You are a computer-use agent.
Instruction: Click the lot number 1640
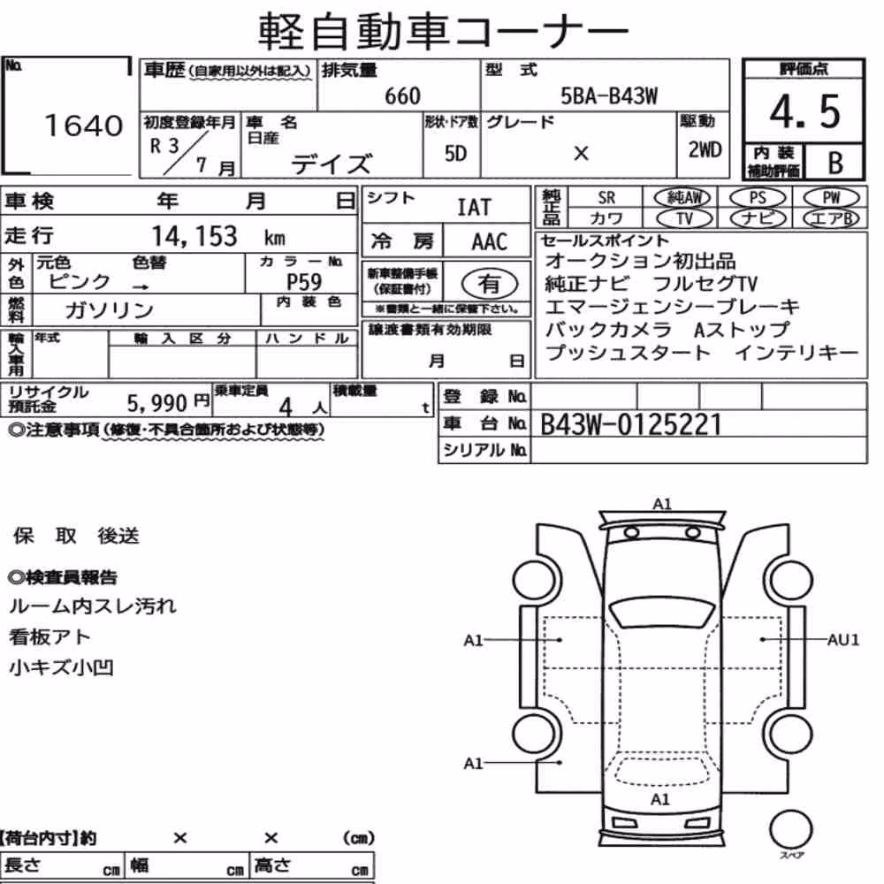(x=83, y=126)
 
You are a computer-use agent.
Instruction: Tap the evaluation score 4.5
(x=804, y=111)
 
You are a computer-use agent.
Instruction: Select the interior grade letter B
(x=835, y=163)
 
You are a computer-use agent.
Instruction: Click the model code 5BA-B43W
(x=609, y=95)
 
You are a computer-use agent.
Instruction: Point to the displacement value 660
(x=402, y=96)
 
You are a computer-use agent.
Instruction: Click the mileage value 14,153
(x=194, y=236)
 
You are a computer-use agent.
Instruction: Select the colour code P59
(x=304, y=281)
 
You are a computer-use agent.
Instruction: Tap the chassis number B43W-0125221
(x=630, y=424)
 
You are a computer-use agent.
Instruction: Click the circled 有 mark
(x=489, y=283)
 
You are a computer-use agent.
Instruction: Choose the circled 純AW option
(x=682, y=197)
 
